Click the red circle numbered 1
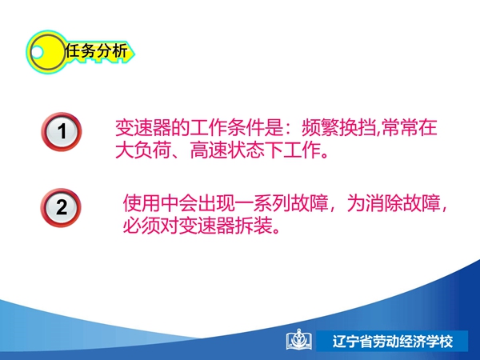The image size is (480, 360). (x=62, y=132)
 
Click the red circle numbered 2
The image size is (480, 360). (x=61, y=207)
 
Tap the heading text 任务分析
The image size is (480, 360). (x=96, y=50)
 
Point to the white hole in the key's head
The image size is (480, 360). (x=37, y=52)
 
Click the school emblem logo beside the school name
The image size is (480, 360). (x=299, y=340)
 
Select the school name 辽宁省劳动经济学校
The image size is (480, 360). (x=393, y=342)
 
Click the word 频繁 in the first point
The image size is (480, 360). (x=321, y=127)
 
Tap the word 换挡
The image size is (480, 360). (x=358, y=127)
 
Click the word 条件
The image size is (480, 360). (x=246, y=127)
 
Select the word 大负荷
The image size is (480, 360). (x=143, y=150)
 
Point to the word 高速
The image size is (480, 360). (x=209, y=150)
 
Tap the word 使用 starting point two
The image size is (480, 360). (x=142, y=203)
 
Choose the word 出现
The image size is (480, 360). (x=216, y=203)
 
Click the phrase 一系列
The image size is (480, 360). (x=262, y=203)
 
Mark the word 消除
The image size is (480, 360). (x=384, y=203)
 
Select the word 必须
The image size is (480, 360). (x=142, y=226)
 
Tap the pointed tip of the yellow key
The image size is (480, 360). (x=134, y=54)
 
